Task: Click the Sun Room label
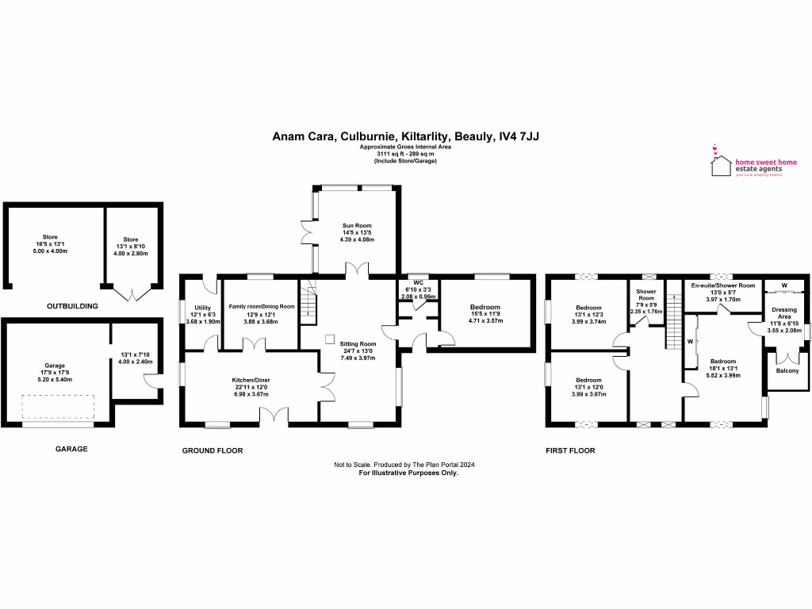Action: tap(357, 226)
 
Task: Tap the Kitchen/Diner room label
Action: tap(251, 381)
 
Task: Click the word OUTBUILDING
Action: tap(71, 305)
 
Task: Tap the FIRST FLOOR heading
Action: tap(569, 450)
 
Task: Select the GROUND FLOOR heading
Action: tap(213, 450)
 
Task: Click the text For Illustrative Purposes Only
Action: tap(408, 472)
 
